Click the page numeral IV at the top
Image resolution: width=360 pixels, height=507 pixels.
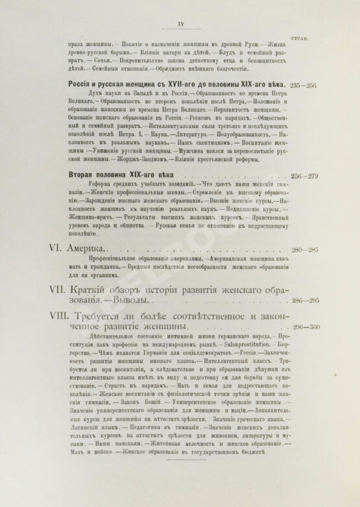click(x=180, y=25)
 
